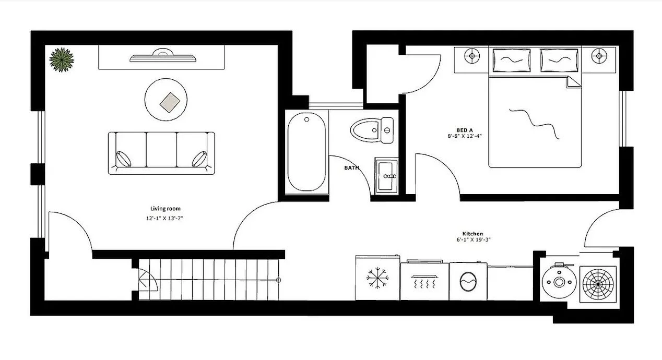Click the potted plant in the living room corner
click(62, 59)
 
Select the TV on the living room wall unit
click(163, 56)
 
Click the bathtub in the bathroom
click(307, 153)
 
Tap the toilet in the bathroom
click(371, 130)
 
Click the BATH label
click(351, 168)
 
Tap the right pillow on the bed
click(559, 60)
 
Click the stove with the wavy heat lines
click(424, 280)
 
